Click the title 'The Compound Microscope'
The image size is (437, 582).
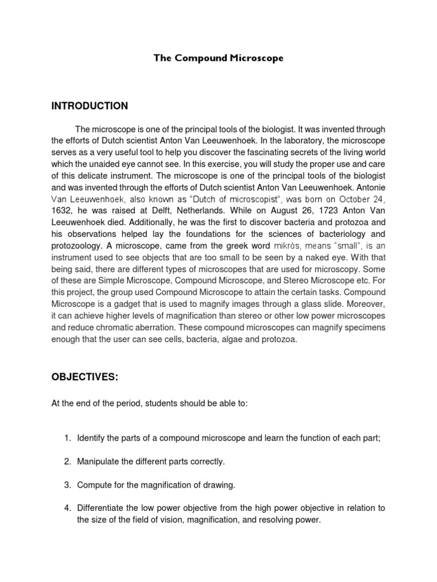[218, 58]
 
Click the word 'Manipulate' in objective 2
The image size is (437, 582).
[100, 462]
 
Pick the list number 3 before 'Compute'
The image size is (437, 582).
[67, 486]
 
